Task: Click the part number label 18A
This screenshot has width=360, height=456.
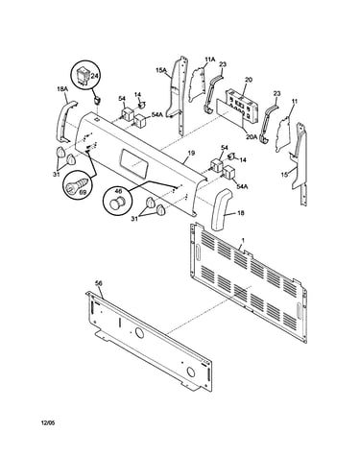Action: tap(61, 90)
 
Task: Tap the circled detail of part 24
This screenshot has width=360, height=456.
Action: tap(84, 76)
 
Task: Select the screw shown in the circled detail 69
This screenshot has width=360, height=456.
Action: tap(76, 185)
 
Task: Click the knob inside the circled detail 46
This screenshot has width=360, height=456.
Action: tap(116, 203)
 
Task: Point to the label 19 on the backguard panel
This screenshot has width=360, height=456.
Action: tap(191, 153)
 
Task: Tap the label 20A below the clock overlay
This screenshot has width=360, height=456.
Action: tap(251, 136)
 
